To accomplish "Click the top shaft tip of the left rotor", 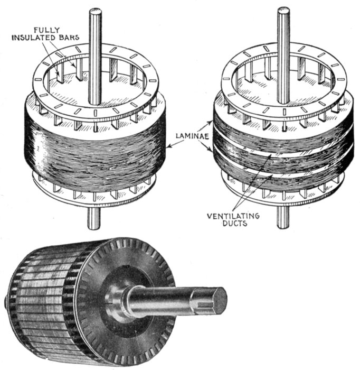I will click(x=95, y=11).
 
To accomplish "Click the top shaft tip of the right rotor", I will click(x=283, y=10).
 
